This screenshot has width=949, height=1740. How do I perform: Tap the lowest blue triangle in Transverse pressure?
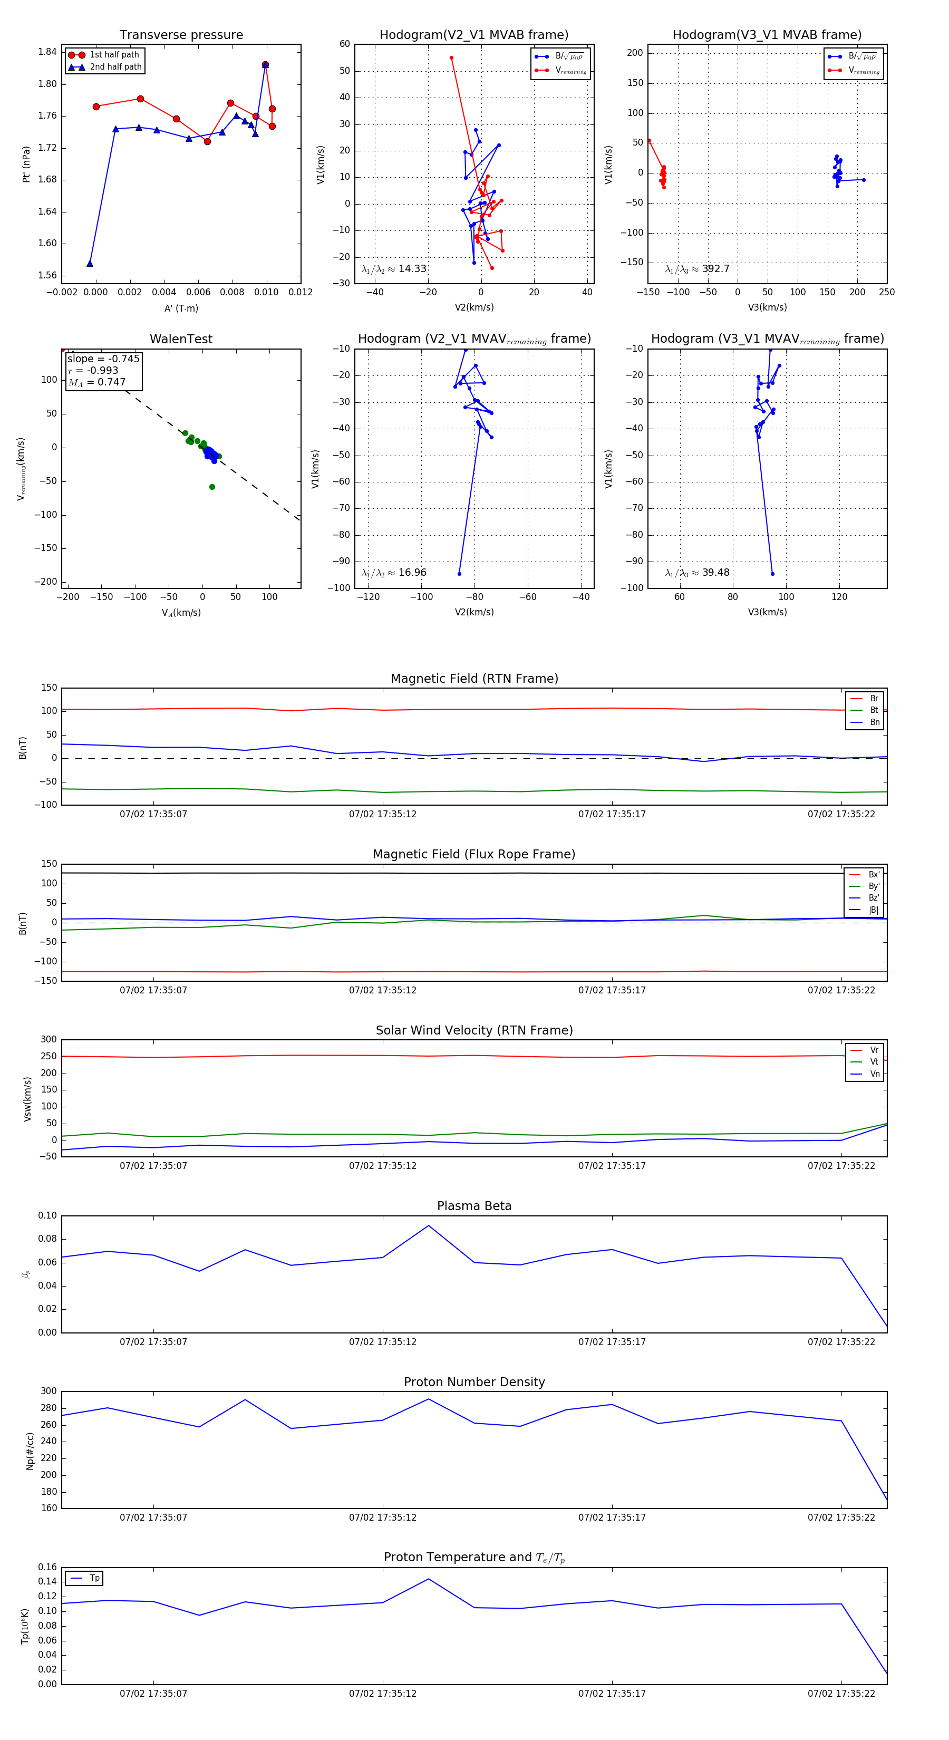[x=90, y=264]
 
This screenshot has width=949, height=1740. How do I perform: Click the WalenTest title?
[x=181, y=339]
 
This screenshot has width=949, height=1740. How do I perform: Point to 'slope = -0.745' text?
[x=103, y=359]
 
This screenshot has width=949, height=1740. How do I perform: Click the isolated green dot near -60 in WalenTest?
[x=212, y=487]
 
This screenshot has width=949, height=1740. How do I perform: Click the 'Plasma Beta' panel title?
[x=474, y=1206]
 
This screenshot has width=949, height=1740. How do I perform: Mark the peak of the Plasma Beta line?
[x=428, y=1225]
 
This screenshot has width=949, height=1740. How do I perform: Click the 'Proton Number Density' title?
[x=474, y=1382]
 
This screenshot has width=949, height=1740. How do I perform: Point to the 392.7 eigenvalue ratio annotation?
[x=697, y=269]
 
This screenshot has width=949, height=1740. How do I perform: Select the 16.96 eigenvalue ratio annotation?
[x=394, y=573]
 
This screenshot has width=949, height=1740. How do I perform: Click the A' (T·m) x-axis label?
[x=181, y=308]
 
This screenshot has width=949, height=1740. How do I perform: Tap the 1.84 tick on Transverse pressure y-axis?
[x=47, y=52]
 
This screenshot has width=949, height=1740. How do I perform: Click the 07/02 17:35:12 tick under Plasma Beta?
[x=382, y=1341]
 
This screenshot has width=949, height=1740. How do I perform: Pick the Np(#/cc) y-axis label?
[x=30, y=1450]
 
